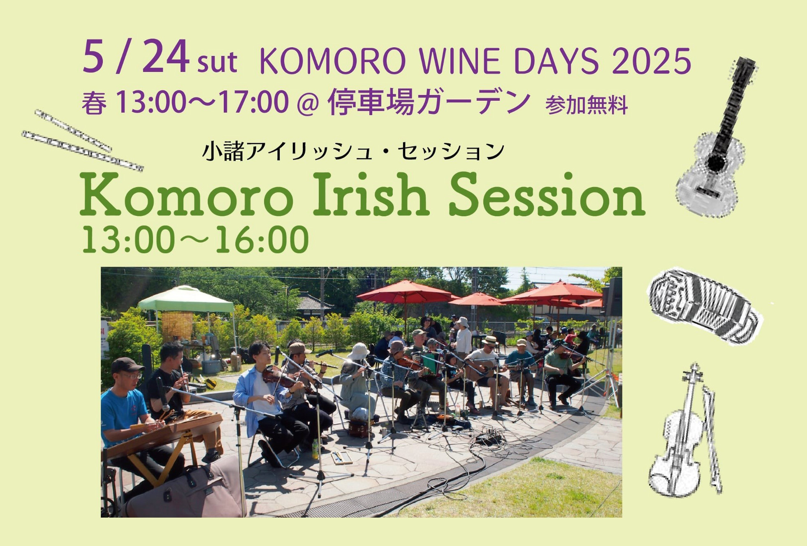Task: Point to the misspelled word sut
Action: pos(217,62)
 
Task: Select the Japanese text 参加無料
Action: pos(586,105)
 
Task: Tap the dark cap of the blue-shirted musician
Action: pos(127,365)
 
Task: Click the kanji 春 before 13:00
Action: pos(94,103)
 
